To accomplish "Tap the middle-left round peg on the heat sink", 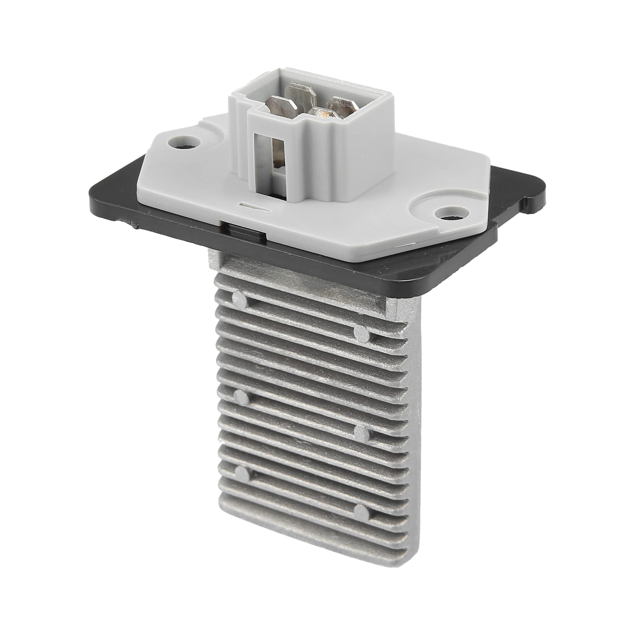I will pyautogui.click(x=242, y=397).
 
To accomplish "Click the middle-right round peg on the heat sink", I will pyautogui.click(x=363, y=433).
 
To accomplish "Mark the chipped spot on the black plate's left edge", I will pyautogui.click(x=134, y=225).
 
